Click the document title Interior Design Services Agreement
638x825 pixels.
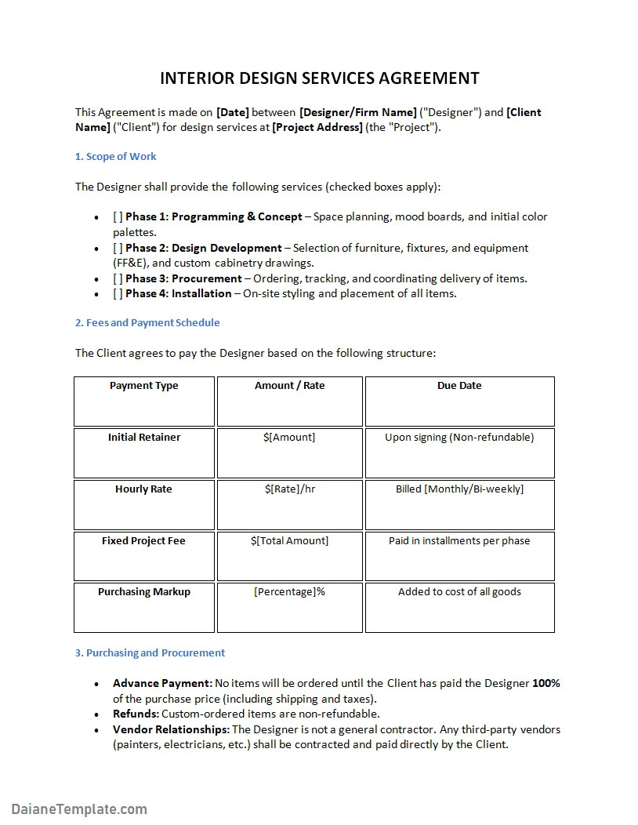pyautogui.click(x=319, y=78)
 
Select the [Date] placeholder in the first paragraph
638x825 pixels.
pyautogui.click(x=232, y=112)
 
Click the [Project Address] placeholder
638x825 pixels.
pyautogui.click(x=317, y=127)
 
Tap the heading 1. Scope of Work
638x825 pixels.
pyautogui.click(x=115, y=157)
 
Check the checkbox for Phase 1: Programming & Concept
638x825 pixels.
pyautogui.click(x=118, y=217)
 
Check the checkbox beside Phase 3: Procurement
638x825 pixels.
pyautogui.click(x=118, y=278)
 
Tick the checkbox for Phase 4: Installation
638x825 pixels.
pyautogui.click(x=118, y=294)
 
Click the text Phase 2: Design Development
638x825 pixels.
pyautogui.click(x=204, y=248)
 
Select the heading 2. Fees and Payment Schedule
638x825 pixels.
pyautogui.click(x=147, y=323)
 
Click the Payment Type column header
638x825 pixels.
pyautogui.click(x=143, y=386)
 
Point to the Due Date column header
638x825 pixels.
pyautogui.click(x=459, y=386)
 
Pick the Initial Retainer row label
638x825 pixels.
pyautogui.click(x=143, y=438)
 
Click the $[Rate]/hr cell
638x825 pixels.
pyautogui.click(x=289, y=489)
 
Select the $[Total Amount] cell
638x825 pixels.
pyautogui.click(x=289, y=541)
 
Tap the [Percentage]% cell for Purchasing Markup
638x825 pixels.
pyautogui.click(x=289, y=592)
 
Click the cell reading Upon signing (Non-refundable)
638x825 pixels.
pyautogui.click(x=459, y=438)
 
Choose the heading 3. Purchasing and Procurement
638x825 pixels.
pyautogui.click(x=150, y=653)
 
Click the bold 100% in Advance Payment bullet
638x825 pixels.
pyautogui.click(x=546, y=684)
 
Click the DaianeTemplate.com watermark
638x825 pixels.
pyautogui.click(x=79, y=809)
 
